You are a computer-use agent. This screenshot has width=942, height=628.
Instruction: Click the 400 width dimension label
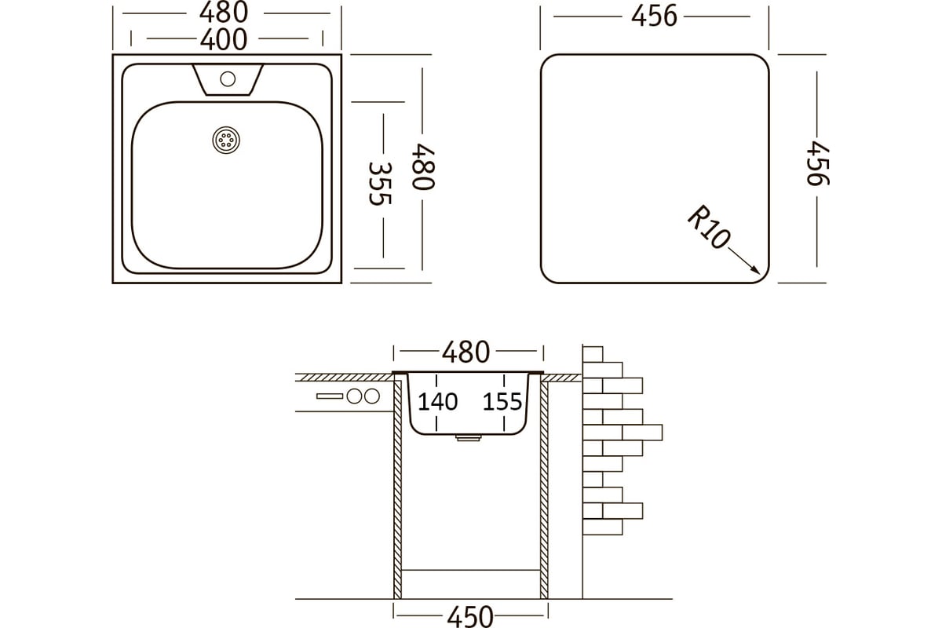[223, 40]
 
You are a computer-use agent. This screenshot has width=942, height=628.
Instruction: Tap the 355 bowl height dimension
[380, 184]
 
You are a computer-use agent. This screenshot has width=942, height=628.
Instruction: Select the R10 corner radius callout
[709, 227]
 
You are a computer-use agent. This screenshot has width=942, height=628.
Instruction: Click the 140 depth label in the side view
[437, 402]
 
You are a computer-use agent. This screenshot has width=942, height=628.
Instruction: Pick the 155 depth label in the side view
[502, 402]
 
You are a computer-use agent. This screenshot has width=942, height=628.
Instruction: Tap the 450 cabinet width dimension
[469, 617]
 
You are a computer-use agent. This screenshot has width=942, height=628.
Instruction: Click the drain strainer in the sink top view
[226, 140]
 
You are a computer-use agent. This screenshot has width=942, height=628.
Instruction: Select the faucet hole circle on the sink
[228, 79]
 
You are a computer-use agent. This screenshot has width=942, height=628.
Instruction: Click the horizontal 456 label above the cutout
[654, 16]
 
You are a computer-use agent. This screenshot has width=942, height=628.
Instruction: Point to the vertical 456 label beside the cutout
[818, 163]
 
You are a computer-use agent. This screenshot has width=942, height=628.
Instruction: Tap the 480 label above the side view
[466, 352]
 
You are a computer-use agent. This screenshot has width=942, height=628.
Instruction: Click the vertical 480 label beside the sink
[423, 167]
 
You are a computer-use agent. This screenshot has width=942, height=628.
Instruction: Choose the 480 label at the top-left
[223, 13]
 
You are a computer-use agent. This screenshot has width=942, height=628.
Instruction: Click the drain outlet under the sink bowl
[469, 438]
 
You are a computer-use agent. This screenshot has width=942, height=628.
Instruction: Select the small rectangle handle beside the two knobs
[330, 396]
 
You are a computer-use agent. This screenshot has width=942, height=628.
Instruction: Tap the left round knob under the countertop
[355, 396]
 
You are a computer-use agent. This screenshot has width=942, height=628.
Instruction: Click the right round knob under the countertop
[372, 396]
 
